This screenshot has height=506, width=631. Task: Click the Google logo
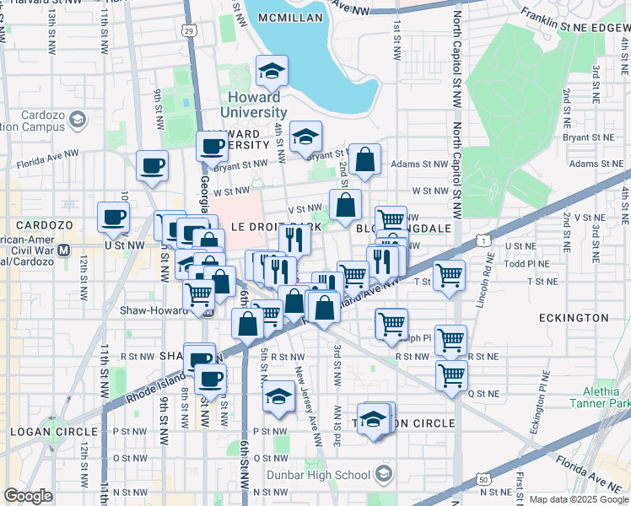point(29,496)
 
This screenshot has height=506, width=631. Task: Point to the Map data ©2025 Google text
point(579,499)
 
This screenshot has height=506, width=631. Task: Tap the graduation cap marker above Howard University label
point(272,73)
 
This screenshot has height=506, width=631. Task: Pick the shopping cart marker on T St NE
point(450,275)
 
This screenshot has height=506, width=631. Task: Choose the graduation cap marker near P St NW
point(278,397)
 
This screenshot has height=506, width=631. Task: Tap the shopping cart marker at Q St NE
point(452,375)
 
